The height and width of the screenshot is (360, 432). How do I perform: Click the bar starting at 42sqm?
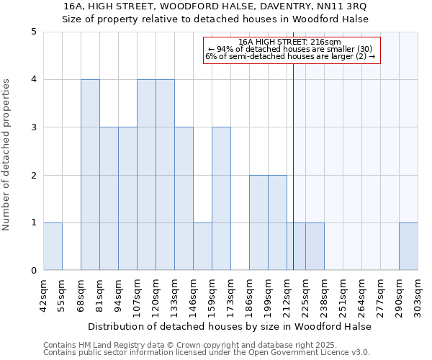tap(53, 247)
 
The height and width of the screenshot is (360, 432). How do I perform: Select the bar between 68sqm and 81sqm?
tap(90, 175)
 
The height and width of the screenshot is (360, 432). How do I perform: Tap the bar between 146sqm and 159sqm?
tap(202, 247)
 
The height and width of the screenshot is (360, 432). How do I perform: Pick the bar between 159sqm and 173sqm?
tap(221, 199)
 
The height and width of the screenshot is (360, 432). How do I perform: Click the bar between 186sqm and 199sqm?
tap(258, 222)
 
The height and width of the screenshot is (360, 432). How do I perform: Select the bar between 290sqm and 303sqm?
tap(408, 247)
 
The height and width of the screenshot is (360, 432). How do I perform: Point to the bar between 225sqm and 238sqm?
tap(315, 247)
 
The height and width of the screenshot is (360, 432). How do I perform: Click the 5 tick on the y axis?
tap(34, 32)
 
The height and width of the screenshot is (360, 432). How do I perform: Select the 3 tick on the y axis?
tap(34, 127)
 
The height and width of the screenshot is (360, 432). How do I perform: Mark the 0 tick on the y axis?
tap(34, 271)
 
